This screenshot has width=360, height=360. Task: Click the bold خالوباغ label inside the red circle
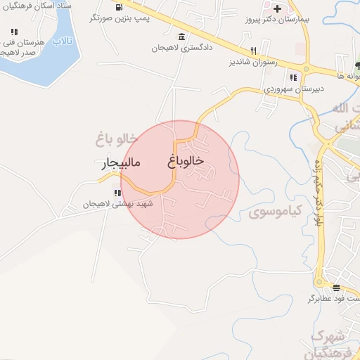[186, 161]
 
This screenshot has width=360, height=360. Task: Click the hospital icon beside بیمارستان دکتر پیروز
[278, 9]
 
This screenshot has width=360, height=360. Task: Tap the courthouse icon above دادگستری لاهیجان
[182, 37]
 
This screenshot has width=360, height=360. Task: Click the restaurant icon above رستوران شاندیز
[254, 51]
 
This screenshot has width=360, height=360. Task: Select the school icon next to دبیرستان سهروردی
[294, 77]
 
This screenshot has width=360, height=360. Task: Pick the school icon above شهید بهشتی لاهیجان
[117, 192]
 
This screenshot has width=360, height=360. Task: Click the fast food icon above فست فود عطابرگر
[336, 287]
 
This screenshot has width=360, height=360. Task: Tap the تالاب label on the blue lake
[64, 41]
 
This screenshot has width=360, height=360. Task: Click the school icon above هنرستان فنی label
[14, 32]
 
